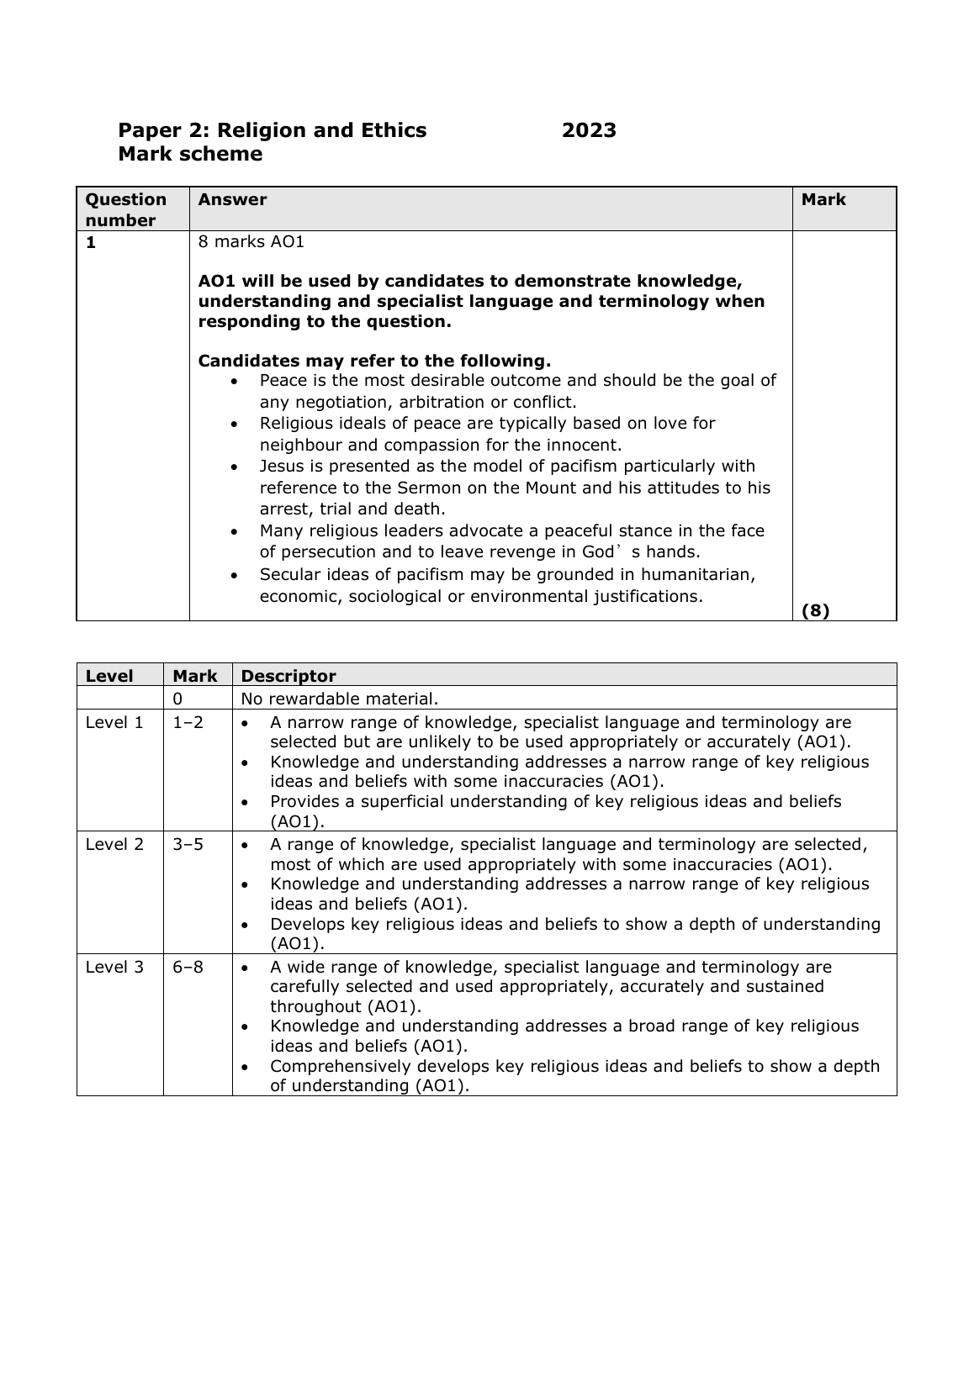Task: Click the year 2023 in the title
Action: click(x=589, y=130)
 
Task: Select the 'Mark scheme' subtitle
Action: click(x=190, y=154)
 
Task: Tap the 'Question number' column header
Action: click(x=126, y=209)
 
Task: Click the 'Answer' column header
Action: click(x=232, y=199)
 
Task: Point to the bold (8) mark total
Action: click(x=815, y=611)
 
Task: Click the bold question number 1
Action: click(x=91, y=242)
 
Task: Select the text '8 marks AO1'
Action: click(x=251, y=242)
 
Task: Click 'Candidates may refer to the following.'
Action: click(x=374, y=361)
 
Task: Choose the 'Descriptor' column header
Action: click(x=288, y=676)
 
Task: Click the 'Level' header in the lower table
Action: click(x=109, y=676)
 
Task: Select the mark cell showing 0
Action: click(x=177, y=698)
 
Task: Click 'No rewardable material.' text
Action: click(x=339, y=698)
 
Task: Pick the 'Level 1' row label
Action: click(x=114, y=722)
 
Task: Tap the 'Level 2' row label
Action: click(x=114, y=844)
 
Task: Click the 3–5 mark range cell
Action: click(x=188, y=844)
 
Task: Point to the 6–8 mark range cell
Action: click(x=188, y=967)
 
